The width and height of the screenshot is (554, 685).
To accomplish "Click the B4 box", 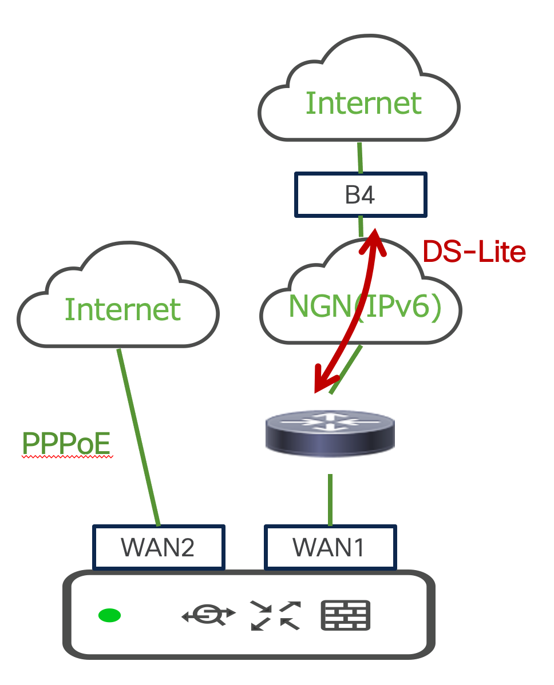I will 361,195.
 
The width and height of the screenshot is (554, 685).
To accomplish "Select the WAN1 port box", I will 330,547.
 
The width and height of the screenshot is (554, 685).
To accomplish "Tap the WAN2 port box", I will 158,547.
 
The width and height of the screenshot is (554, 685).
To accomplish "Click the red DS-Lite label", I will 474,252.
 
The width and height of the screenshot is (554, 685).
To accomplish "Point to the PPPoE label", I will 66,443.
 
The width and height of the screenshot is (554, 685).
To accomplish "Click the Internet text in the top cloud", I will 363,103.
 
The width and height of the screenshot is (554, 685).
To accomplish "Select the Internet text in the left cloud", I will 122,309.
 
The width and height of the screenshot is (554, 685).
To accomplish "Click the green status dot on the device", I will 109,615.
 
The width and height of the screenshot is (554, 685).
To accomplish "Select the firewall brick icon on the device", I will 346,615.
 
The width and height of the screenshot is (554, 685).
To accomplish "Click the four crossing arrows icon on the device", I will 275,615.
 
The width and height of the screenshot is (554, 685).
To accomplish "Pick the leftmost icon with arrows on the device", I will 209,615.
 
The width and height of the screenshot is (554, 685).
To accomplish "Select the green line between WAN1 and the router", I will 330,499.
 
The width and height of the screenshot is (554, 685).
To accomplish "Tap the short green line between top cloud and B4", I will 360,158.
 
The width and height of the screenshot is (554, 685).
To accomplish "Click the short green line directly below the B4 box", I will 361,226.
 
